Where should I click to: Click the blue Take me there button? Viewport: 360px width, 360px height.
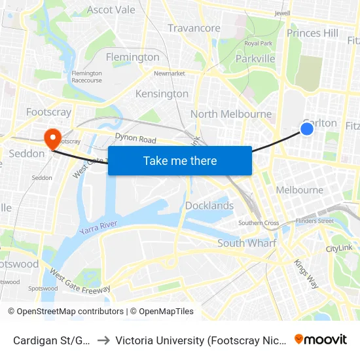[180, 160]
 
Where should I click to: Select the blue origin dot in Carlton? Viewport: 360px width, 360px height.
[306, 129]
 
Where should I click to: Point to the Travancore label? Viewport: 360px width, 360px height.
[194, 28]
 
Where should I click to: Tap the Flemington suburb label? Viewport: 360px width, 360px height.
[132, 57]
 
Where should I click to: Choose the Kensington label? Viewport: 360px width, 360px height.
[162, 94]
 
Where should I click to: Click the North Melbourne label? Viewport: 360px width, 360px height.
[230, 114]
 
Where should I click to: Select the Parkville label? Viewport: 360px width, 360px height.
[255, 59]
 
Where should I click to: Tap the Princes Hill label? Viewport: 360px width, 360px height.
[313, 33]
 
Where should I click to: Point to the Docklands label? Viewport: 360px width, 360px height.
[209, 206]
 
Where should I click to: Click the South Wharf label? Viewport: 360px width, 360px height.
[247, 243]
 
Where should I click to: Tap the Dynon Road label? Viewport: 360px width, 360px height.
[135, 139]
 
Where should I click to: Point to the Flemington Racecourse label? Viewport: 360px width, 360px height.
[87, 77]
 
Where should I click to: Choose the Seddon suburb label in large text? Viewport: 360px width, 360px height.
[27, 154]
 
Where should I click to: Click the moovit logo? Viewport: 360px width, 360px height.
[320, 339]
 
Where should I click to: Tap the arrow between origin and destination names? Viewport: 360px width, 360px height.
[103, 340]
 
